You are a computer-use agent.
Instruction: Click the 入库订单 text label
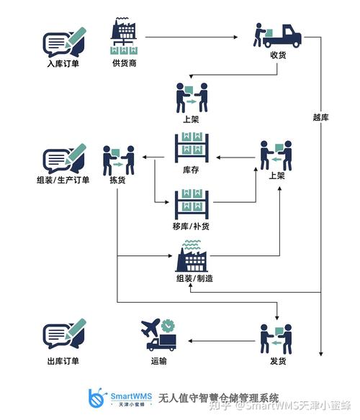[63, 63]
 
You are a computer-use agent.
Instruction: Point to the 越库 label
[321, 117]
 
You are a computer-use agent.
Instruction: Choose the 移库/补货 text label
[191, 227]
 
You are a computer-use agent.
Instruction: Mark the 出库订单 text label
[63, 361]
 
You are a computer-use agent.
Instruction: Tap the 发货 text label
[276, 361]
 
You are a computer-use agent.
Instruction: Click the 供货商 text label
[125, 63]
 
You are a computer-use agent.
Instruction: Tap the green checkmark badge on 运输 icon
[168, 324]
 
